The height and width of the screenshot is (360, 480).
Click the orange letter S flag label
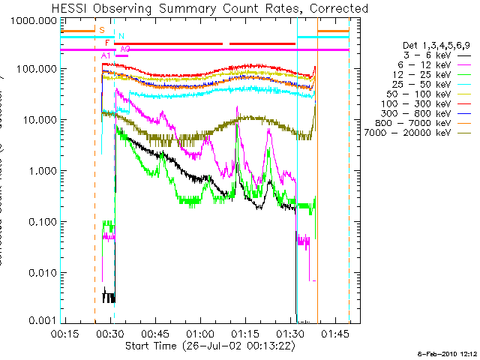102,29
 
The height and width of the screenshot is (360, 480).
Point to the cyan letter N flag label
121,36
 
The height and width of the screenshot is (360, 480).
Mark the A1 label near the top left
105,56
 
